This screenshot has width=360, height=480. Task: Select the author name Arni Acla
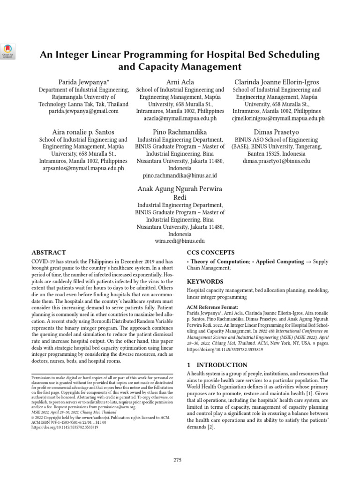[180, 82]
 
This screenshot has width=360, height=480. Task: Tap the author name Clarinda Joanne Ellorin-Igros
[278, 82]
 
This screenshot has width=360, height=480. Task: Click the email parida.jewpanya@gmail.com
[84, 112]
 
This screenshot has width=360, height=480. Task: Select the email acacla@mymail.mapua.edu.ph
[180, 119]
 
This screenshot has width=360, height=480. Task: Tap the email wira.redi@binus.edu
[180, 241]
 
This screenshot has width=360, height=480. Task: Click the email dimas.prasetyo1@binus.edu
[276, 161]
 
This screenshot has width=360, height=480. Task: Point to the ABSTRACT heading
[48, 252]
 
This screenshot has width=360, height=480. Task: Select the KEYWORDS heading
[205, 281]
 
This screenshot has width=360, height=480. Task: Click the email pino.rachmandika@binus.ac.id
[180, 175]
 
